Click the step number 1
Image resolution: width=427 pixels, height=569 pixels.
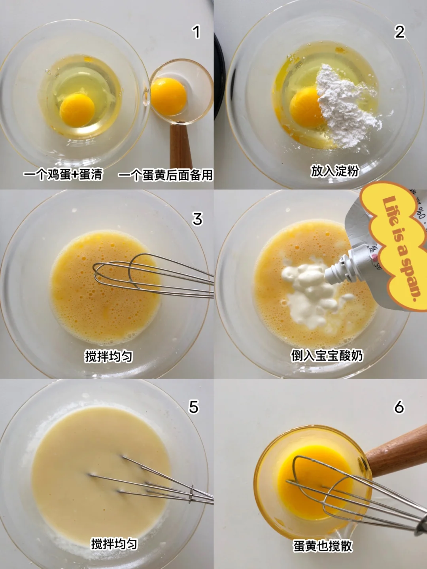pos(196,32)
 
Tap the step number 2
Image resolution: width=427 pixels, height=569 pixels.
pos(399,32)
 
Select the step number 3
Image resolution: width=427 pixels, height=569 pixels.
pos(197,219)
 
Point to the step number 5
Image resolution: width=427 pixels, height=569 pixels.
pos(194,407)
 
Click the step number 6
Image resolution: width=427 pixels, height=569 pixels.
pos(399,407)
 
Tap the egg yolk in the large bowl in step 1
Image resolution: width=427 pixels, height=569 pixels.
pos(77,110)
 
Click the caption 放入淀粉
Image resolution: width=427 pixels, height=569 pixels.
pos(335,171)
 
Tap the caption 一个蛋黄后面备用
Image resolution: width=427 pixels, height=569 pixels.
pos(165,175)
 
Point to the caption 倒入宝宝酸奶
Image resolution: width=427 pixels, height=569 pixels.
pos(327,355)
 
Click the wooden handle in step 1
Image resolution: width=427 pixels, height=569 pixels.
pos(181,146)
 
